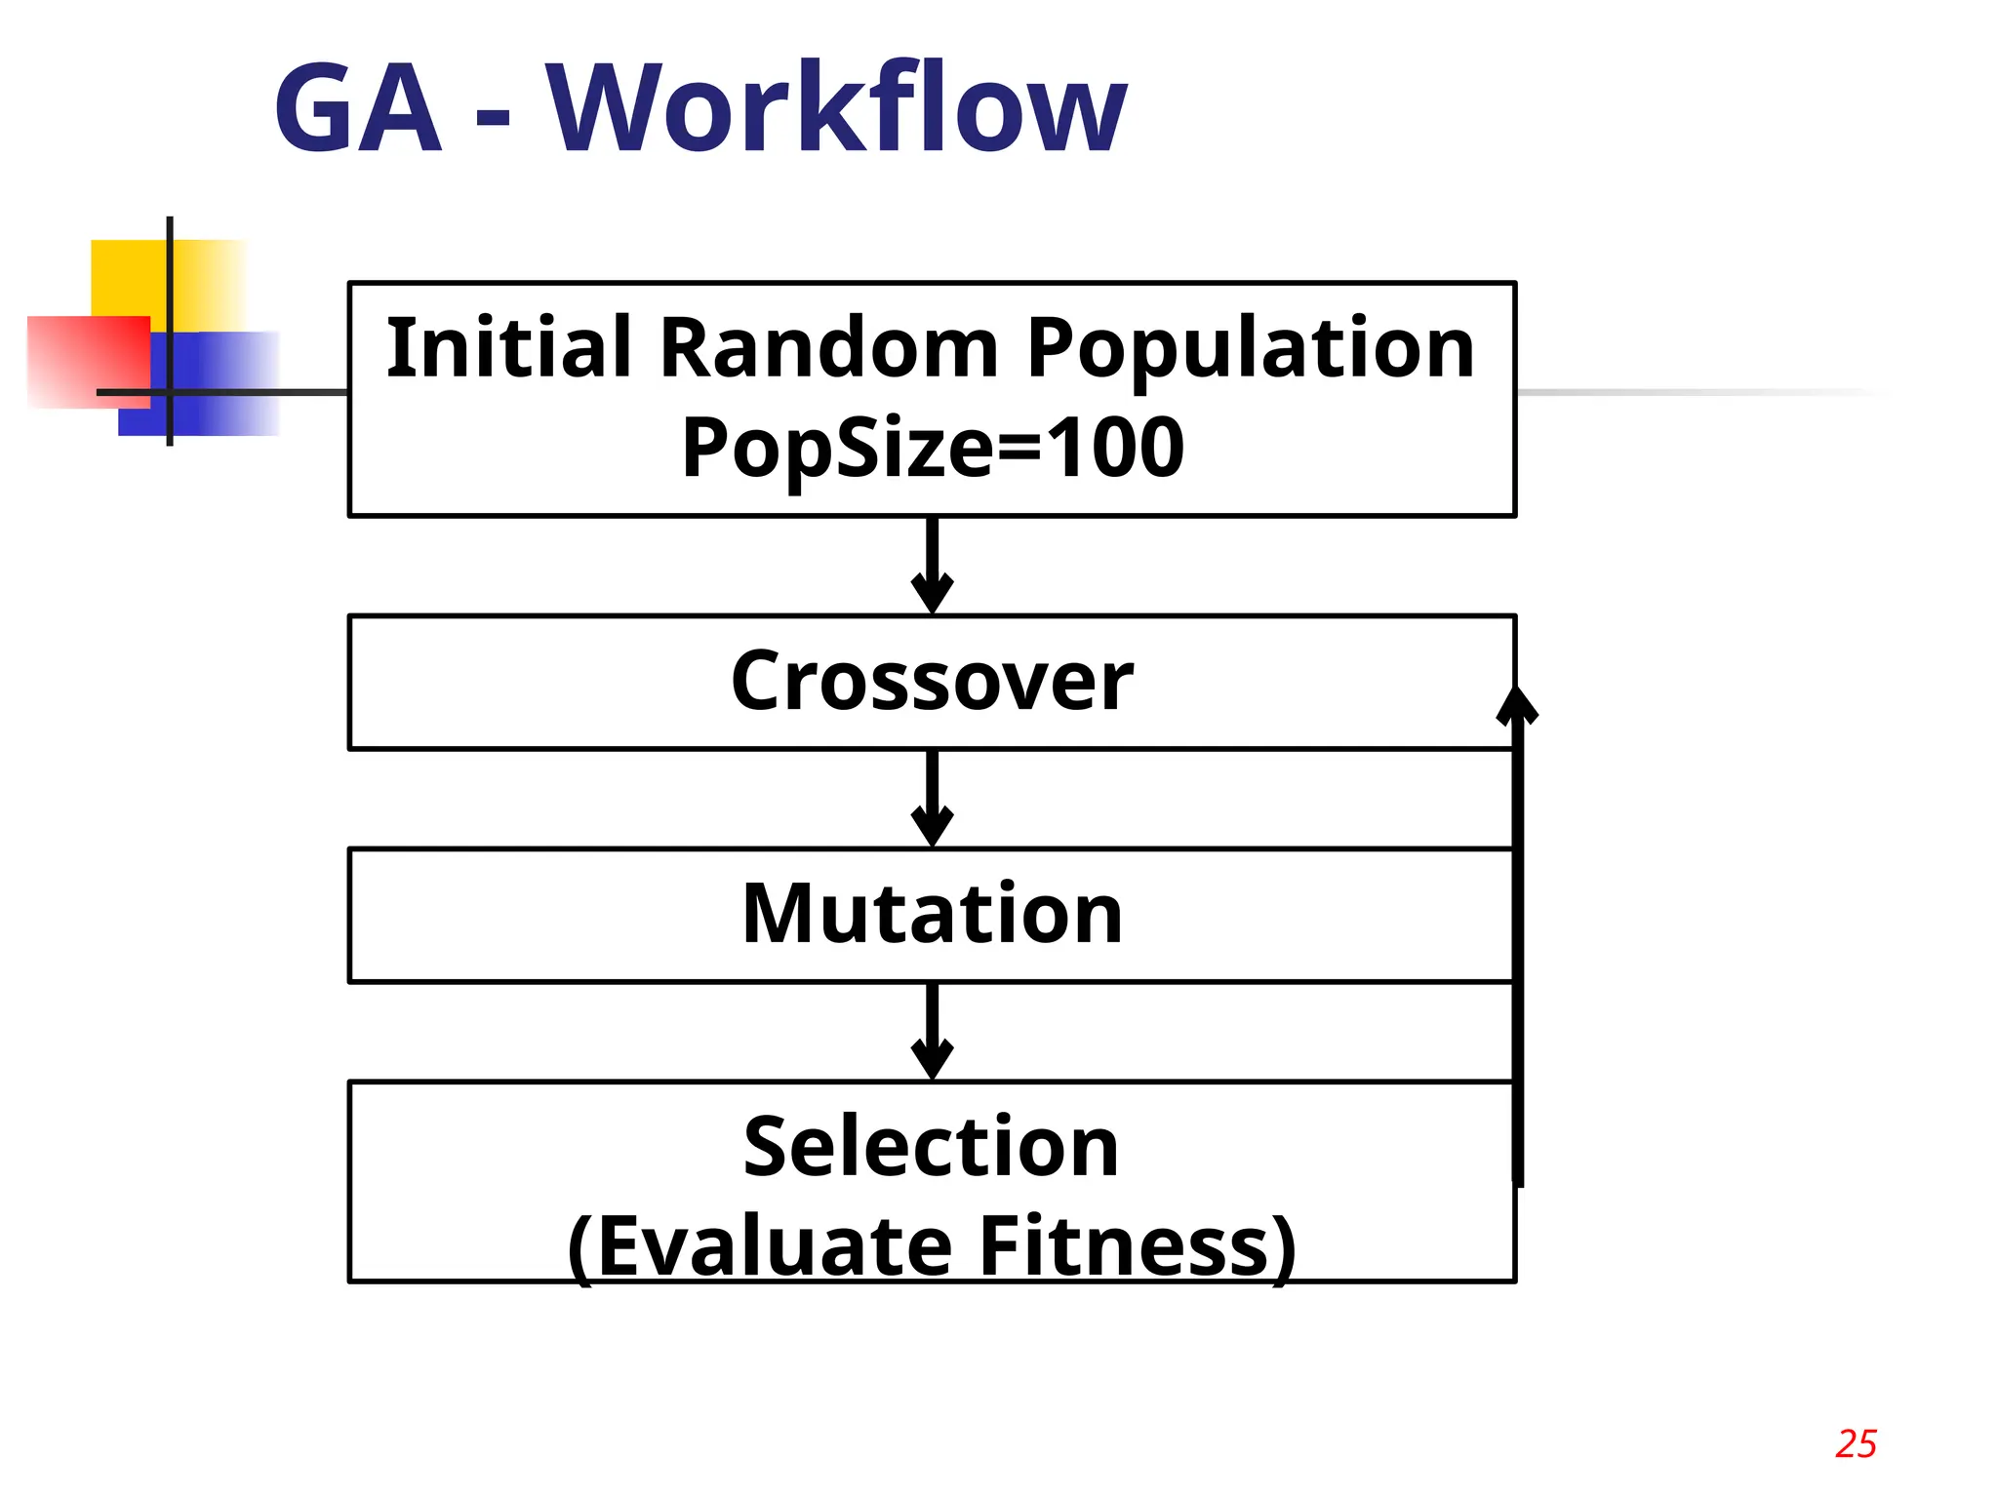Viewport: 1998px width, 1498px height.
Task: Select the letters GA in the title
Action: (358, 109)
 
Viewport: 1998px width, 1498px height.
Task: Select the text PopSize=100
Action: (932, 449)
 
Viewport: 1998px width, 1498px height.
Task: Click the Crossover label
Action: (932, 682)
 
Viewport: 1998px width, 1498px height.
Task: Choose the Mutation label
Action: (932, 914)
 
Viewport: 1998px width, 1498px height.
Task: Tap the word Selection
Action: (931, 1147)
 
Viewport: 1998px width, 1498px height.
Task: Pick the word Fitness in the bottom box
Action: (1137, 1246)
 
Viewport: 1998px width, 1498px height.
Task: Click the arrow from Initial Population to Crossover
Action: (932, 566)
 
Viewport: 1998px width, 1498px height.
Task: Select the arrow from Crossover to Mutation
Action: (932, 799)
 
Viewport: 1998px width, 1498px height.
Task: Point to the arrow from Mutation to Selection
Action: (932, 1032)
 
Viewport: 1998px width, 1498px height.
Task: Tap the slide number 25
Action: (1856, 1444)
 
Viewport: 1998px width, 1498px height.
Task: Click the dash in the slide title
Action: (494, 119)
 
